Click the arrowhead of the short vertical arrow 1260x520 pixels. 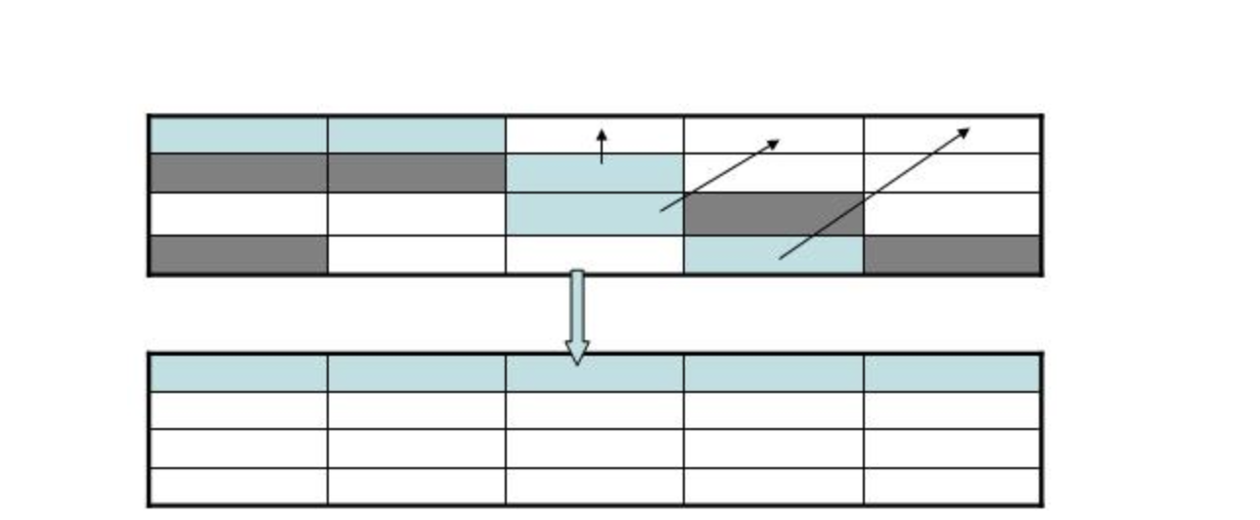602,133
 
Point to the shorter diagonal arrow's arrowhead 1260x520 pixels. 775,143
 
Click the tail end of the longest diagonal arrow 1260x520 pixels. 781,258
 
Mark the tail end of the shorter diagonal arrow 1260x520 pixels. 662,210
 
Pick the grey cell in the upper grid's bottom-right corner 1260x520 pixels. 952,254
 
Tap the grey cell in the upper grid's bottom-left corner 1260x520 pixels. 238,254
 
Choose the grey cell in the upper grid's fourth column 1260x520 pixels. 773,213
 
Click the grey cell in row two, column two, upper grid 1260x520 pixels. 416,172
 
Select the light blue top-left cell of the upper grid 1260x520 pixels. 238,134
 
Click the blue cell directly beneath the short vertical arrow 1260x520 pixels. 594,174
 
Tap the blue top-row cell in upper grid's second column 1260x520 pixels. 416,134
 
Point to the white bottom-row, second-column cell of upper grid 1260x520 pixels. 416,254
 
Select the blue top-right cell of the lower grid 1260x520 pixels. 952,373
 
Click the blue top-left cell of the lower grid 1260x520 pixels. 238,373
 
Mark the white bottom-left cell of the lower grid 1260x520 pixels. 238,486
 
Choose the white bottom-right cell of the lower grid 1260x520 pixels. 952,486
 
